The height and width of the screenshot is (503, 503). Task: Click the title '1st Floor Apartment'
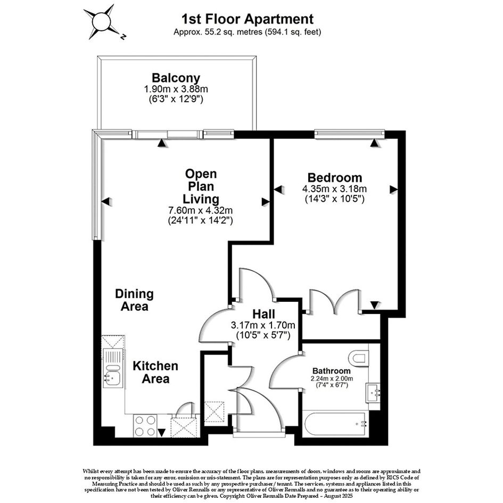coord(248,19)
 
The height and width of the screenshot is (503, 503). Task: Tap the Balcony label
coord(176,78)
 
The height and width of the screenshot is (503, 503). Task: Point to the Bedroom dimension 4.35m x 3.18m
coord(335,188)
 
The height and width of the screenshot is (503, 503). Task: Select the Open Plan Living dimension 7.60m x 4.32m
coord(201,210)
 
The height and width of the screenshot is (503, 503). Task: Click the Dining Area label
coord(135,300)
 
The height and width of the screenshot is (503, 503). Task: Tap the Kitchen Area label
coord(155,372)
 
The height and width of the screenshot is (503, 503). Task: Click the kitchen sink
coord(113,369)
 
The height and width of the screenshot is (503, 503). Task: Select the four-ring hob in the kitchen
coord(145,425)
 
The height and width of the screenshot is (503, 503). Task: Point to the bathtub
coord(335,424)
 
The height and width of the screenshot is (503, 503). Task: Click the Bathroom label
coord(332,371)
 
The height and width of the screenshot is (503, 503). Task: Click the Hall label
coord(263,314)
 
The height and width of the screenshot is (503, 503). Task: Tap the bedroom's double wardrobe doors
coord(334,301)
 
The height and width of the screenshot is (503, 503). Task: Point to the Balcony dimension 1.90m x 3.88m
coord(176,89)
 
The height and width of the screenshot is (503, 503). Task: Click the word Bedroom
coord(335,177)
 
